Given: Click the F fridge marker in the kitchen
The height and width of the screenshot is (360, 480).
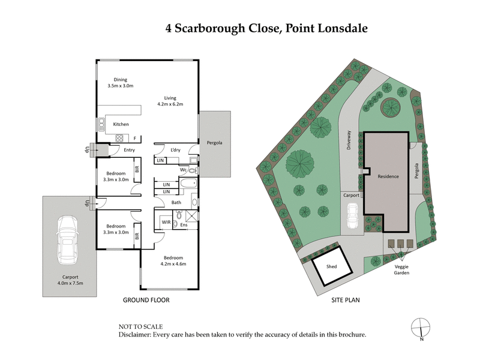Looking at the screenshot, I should pos(135,139).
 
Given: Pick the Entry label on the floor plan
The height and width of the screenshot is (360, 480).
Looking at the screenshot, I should pos(129,150).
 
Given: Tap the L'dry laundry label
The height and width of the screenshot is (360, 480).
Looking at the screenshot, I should pos(176,149).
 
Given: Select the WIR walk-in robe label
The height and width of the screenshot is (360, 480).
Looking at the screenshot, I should pos(165,223).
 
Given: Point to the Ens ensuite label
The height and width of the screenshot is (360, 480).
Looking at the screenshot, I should pos(184,225).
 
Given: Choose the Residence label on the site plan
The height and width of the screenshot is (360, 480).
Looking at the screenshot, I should pos(388,177).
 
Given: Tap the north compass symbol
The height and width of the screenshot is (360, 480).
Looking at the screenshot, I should pos(421,328).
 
